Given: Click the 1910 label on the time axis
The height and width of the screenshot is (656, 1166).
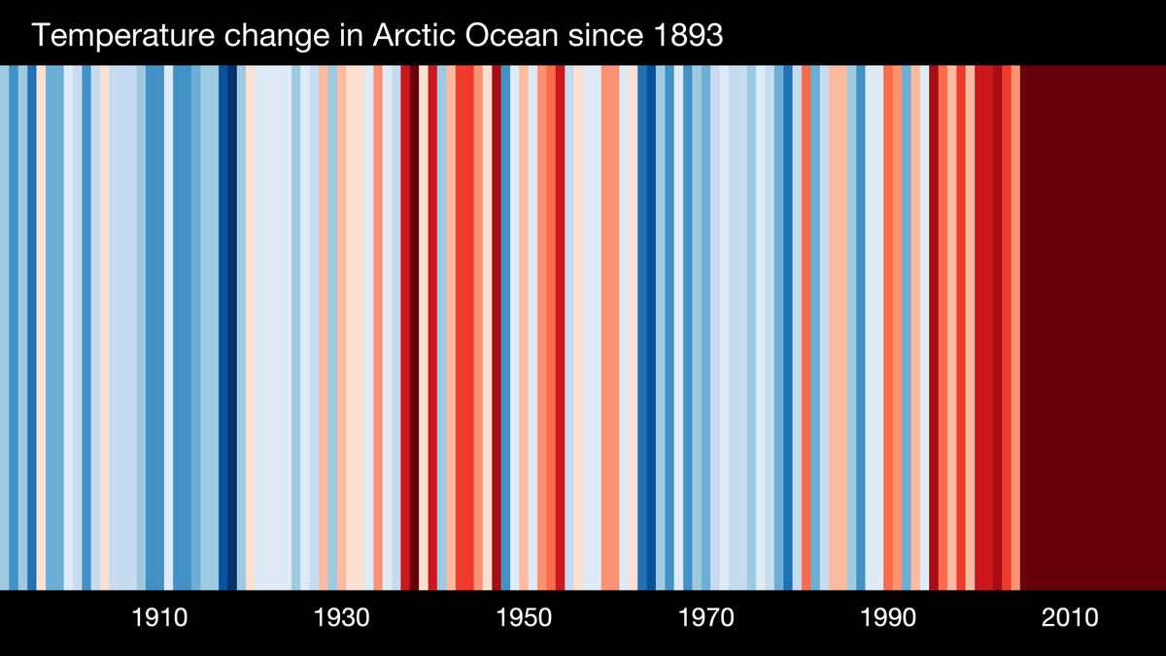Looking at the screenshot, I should [159, 618].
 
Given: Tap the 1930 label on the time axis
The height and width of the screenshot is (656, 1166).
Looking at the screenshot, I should [341, 618].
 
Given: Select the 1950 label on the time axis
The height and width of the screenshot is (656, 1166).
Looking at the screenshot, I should [523, 618].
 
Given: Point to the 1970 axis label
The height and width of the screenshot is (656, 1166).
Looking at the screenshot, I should [705, 618].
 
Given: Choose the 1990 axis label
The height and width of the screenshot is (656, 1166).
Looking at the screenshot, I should [887, 618].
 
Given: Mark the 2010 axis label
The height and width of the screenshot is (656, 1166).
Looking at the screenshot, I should [1069, 618].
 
